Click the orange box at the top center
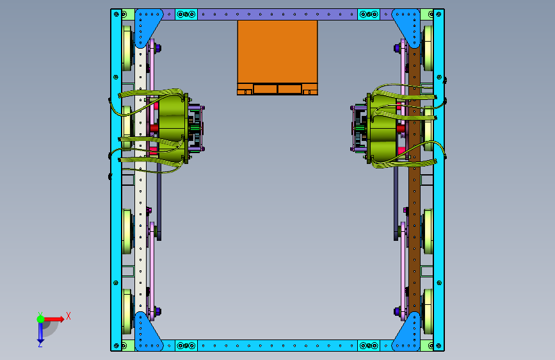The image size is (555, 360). (x=277, y=58)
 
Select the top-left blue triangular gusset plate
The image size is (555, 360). (x=145, y=25)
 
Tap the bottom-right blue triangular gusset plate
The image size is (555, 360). (x=409, y=334)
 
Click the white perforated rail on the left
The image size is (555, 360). (x=141, y=177)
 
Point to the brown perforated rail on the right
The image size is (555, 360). (x=414, y=177)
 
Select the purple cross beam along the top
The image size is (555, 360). (x=277, y=14)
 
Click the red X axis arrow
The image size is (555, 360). (x=53, y=319)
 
